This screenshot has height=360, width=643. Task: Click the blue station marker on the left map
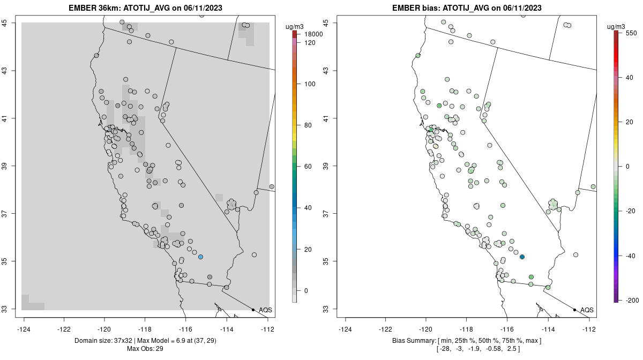[200, 257]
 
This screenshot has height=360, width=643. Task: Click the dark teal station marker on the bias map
[522, 257]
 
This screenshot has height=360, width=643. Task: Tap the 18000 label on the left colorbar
[313, 34]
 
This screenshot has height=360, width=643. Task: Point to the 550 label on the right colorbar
[631, 33]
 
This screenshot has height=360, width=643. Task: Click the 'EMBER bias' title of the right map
[417, 8]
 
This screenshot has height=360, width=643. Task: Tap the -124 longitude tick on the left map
[24, 329]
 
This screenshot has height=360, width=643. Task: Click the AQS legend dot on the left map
[253, 310]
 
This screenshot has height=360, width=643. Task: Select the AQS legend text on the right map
[587, 310]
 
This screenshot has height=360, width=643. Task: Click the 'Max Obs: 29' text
[145, 349]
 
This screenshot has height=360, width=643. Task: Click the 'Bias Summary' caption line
[466, 341]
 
